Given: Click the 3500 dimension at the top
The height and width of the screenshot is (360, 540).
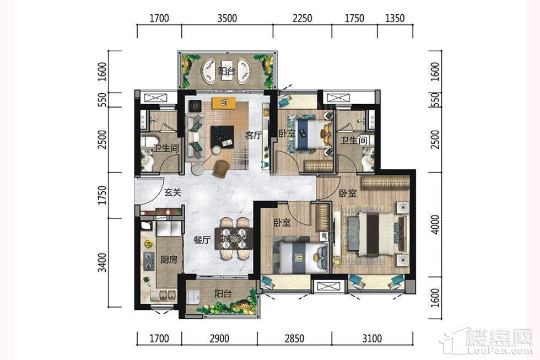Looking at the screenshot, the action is [227, 18].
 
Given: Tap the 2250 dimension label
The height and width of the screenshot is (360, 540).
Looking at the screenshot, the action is [303, 18].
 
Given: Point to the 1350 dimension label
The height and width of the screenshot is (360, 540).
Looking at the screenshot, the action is [395, 18].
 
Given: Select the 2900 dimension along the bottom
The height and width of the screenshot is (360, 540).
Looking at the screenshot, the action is [219, 338].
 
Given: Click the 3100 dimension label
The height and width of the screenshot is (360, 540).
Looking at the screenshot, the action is [372, 338].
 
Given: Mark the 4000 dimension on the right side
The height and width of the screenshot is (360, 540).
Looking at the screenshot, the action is [436, 224].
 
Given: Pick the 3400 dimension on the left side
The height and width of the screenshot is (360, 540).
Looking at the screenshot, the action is [102, 262].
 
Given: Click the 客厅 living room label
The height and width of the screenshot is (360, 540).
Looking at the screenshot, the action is [253, 136].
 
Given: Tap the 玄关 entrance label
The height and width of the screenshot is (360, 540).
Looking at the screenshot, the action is [172, 192].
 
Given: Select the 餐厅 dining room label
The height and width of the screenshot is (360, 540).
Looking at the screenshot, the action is [202, 240].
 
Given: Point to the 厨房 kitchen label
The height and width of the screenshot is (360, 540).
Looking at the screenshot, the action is [169, 260].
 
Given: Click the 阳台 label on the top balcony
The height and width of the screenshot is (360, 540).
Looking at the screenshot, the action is [226, 71].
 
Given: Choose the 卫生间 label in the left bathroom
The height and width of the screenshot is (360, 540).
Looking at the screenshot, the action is [166, 148].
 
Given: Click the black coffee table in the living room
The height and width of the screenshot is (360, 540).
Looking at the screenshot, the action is [222, 136].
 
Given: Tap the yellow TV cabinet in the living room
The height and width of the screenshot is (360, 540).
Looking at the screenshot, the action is [224, 103].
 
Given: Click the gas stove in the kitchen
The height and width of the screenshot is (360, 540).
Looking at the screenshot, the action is [148, 260].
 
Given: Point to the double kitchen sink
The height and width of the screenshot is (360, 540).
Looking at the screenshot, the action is [164, 295].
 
